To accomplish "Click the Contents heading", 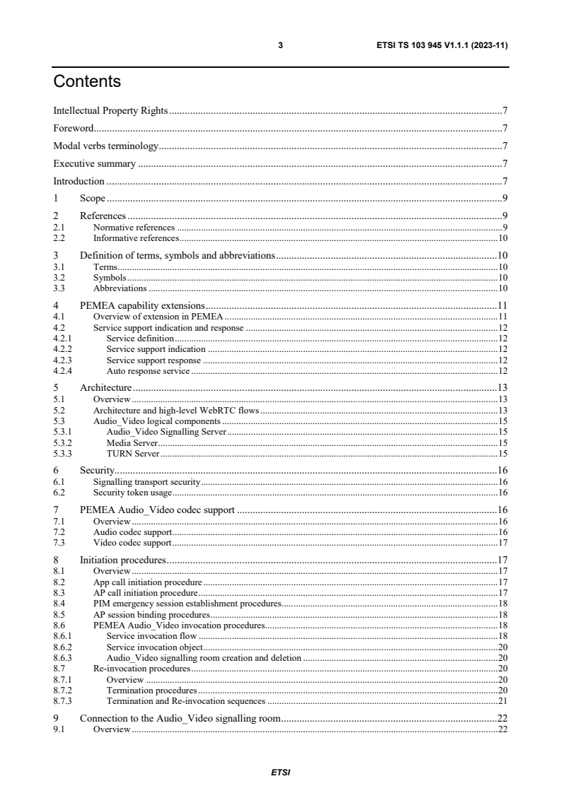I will point(87,82).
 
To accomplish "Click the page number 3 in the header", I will point(280,45).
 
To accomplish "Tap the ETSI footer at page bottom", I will point(280,773).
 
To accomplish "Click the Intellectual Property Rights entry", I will point(110,111).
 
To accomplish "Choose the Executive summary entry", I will point(94,164).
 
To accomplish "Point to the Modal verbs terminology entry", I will point(105,146).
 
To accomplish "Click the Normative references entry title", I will point(134,228).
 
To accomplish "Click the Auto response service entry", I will point(148,370).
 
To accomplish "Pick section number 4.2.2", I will point(64,349).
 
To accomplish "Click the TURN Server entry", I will point(132,453).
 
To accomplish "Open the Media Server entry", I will point(132,442).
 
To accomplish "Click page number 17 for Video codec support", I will point(502,543).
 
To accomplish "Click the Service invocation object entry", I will point(154,647).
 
